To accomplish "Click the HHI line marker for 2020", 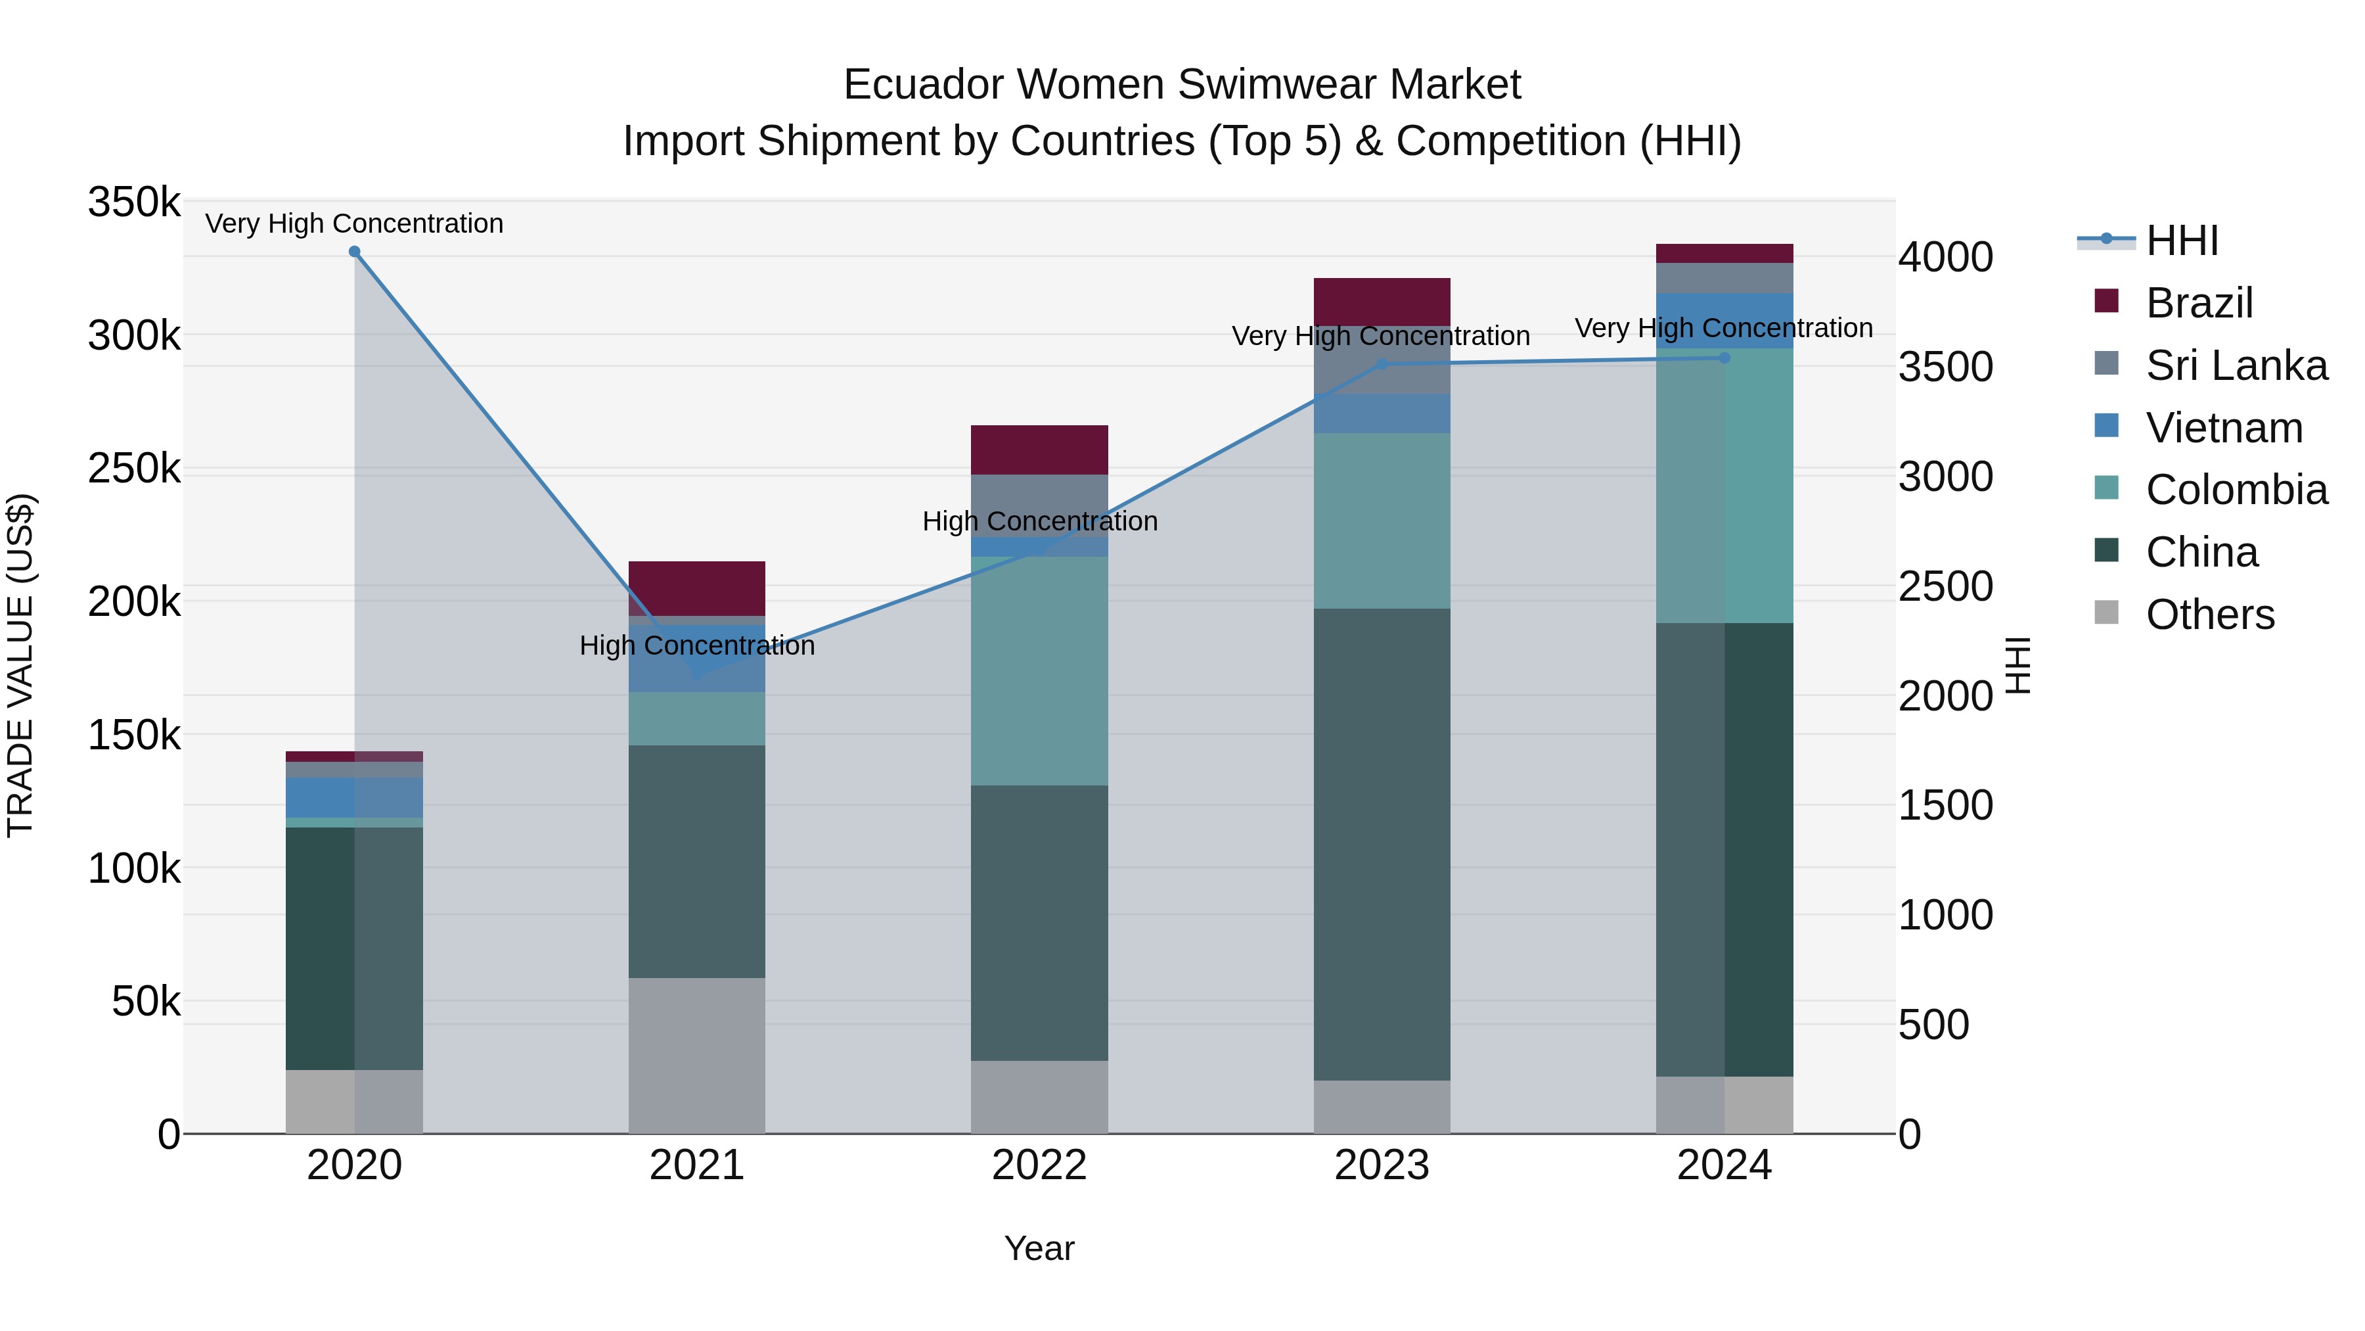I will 354,252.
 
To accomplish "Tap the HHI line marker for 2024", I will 1724,358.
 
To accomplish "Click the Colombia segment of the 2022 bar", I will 1039,670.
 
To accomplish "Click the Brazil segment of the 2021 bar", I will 697,588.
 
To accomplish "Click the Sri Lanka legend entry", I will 2236,365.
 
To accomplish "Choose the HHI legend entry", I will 2181,241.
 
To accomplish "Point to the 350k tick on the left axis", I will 134,202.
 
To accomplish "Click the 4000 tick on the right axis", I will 1945,257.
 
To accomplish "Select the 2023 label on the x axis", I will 1382,1165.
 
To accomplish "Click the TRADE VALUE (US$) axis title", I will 20,665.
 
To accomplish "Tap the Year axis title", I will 1039,1248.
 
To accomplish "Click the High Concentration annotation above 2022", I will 1039,521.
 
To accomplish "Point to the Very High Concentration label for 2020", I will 354,223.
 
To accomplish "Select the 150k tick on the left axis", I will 134,735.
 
